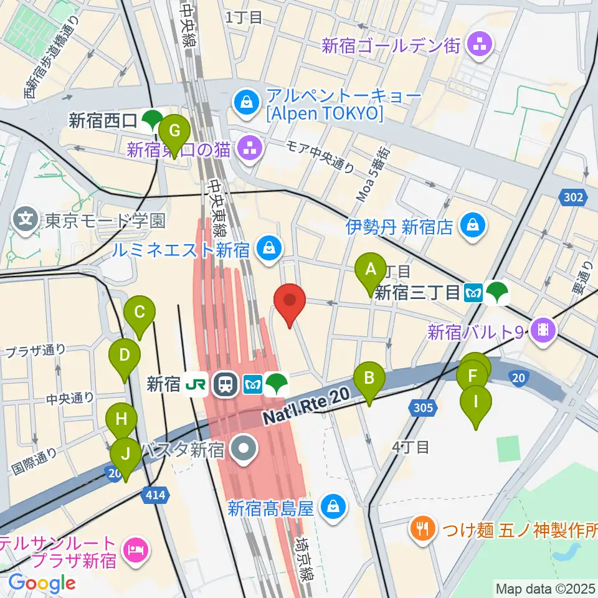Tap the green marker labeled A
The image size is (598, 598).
[x=371, y=271]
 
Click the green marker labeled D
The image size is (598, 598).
[x=125, y=356]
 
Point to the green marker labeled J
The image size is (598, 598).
[x=126, y=456]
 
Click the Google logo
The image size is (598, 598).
[x=41, y=583]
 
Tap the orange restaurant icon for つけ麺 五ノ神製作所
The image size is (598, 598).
[x=422, y=529]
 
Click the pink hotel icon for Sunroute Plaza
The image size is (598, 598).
[x=135, y=550]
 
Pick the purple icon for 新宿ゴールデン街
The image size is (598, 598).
[x=481, y=44]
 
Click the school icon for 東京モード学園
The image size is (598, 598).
[x=26, y=220]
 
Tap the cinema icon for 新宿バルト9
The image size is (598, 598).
[x=543, y=330]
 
